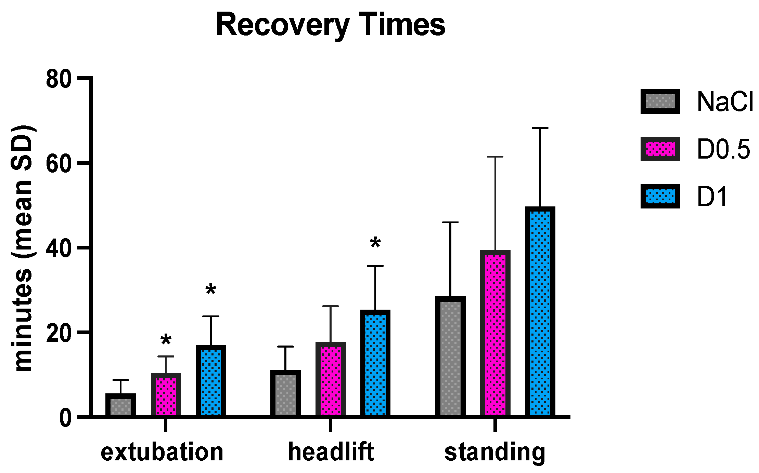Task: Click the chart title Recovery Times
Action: click(x=331, y=25)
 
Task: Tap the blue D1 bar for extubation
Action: click(x=211, y=381)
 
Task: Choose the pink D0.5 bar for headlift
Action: click(x=331, y=379)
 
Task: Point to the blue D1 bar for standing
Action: click(x=540, y=311)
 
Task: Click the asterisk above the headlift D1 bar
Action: click(x=375, y=243)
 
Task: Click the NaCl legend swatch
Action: click(x=660, y=102)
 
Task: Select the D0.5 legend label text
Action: click(x=723, y=149)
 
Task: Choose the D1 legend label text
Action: click(x=712, y=197)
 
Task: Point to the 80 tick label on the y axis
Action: click(x=59, y=80)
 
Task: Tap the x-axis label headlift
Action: click(x=331, y=452)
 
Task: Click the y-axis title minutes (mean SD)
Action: click(x=22, y=248)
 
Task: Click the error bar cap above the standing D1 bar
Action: click(x=540, y=128)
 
